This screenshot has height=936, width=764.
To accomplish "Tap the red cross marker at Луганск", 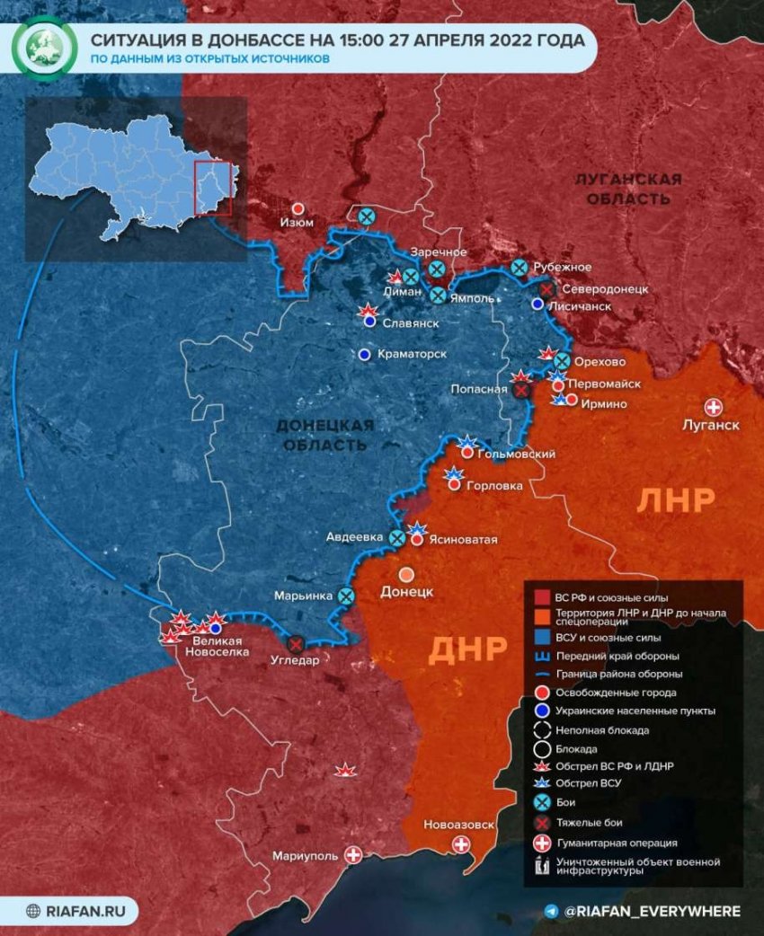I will tap(715, 406).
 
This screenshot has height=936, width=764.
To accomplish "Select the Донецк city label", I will tap(407, 592).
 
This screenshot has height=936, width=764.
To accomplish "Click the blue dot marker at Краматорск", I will tap(364, 355).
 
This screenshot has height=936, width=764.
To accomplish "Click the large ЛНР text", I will tap(675, 499).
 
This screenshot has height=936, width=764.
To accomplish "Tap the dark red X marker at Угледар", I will tap(295, 643).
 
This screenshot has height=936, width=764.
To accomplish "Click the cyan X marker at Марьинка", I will tap(346, 596).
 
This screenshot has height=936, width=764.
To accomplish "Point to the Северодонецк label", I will tap(604, 289).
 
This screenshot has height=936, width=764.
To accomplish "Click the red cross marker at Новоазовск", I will tap(461, 844).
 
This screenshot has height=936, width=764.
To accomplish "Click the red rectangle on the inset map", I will tap(213, 189).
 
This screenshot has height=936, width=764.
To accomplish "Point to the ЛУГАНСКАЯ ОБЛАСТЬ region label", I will tap(628, 188).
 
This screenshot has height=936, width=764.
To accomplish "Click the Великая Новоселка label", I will tap(216, 646).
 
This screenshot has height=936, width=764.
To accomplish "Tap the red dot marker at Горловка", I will tap(454, 485).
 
